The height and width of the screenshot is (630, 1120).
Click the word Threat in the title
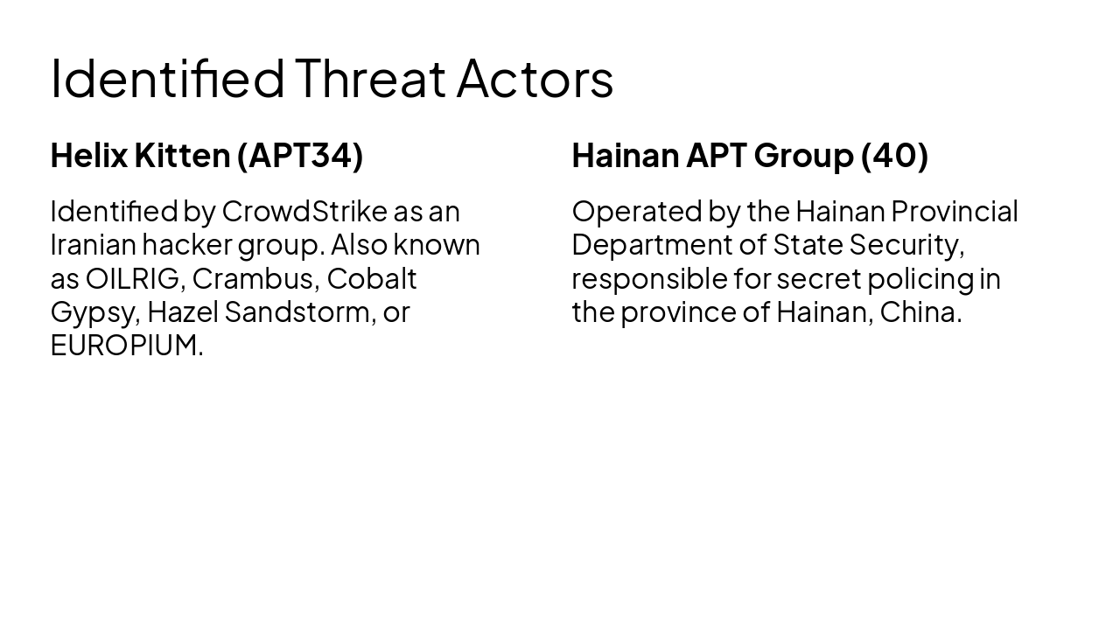point(369,79)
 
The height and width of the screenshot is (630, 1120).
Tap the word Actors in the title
point(535,79)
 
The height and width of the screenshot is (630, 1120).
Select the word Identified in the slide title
point(167,79)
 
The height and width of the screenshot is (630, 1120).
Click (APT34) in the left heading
point(300,156)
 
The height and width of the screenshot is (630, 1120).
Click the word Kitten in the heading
point(182,156)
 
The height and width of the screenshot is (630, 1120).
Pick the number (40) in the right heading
point(894,156)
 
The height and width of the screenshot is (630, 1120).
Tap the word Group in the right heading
point(802,156)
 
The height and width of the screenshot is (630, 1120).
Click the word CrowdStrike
point(304,212)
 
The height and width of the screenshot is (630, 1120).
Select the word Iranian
point(93,245)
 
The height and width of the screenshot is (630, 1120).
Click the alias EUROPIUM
point(126,346)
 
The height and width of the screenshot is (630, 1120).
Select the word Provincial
point(955,212)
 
